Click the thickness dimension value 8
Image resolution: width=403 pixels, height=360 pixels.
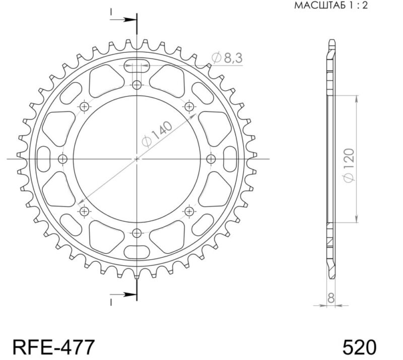click(x=330, y=298)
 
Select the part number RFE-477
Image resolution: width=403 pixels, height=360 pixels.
click(x=53, y=347)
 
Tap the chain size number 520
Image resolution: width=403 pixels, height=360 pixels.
click(x=359, y=347)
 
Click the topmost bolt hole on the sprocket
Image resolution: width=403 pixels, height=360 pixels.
click(x=137, y=85)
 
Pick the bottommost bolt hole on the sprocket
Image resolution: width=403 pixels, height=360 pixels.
click(x=137, y=233)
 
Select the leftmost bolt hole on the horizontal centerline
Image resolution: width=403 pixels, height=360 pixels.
click(x=62, y=159)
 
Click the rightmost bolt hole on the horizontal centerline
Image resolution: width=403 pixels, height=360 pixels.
click(x=211, y=159)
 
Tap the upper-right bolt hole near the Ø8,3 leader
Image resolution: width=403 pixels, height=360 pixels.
click(x=189, y=106)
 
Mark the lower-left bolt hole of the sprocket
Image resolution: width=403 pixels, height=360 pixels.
click(x=84, y=211)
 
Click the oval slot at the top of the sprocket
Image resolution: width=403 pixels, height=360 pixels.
click(x=137, y=65)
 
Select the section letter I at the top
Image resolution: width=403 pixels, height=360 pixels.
click(x=111, y=12)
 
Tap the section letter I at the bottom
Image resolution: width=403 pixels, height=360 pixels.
click(x=111, y=302)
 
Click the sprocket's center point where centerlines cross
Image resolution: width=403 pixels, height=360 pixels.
click(x=137, y=159)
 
